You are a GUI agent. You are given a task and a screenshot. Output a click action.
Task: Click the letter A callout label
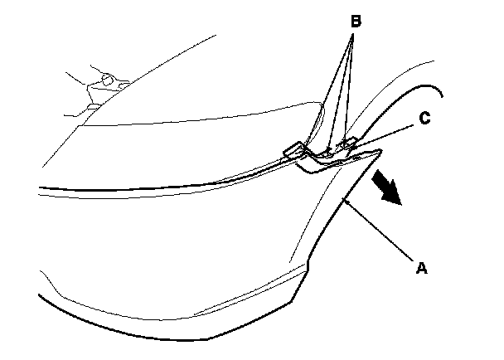[x=421, y=268]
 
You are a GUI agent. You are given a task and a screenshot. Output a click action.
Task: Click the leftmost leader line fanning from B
[x=325, y=91]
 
